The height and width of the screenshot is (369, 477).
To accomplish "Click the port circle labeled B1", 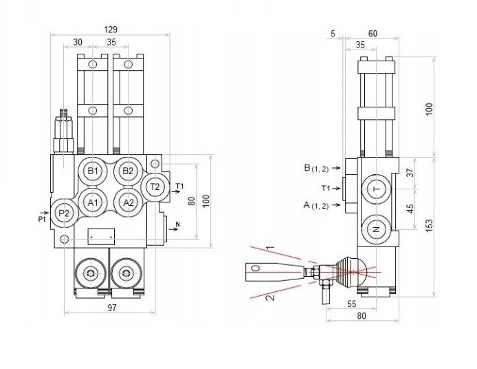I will coord(94,171).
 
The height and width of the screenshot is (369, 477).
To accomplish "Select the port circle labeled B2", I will coord(128,171).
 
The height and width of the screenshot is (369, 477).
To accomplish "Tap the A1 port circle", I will coord(94,202).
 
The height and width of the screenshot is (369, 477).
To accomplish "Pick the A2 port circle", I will coord(128,202).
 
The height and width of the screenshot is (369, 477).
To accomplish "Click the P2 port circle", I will coord(64,213).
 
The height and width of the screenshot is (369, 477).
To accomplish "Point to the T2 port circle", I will coord(155,187).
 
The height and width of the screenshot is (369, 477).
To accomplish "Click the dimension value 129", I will coord(110,30).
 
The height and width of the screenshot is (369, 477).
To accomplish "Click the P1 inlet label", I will coord(41,219).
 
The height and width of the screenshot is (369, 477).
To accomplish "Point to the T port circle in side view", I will coord(375,189).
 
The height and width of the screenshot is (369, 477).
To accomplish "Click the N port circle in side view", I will coord(375,229).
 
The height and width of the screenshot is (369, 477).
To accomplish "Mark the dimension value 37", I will coord(412,173).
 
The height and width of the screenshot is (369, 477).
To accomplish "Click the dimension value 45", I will coord(412,207).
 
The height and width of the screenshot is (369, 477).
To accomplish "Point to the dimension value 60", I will coord(372,34).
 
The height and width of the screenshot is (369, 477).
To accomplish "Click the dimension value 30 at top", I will coord(78,42).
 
